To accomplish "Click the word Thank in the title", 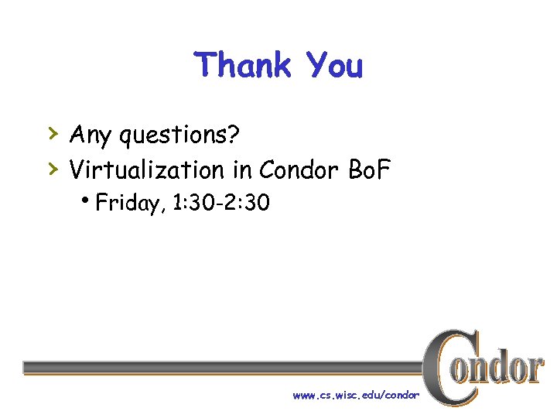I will pyautogui.click(x=242, y=65).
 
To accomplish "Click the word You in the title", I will pyautogui.click(x=334, y=65).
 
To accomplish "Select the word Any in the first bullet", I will pyautogui.click(x=89, y=135).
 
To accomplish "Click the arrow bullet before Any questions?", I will pyautogui.click(x=53, y=134).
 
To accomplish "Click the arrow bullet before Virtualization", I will pyautogui.click(x=53, y=167).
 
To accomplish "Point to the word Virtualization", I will pyautogui.click(x=147, y=169).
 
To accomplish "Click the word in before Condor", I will pyautogui.click(x=241, y=169).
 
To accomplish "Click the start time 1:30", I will pyautogui.click(x=191, y=204).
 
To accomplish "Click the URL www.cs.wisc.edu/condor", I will pyautogui.click(x=356, y=395).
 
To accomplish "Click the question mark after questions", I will pyautogui.click(x=234, y=135).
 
